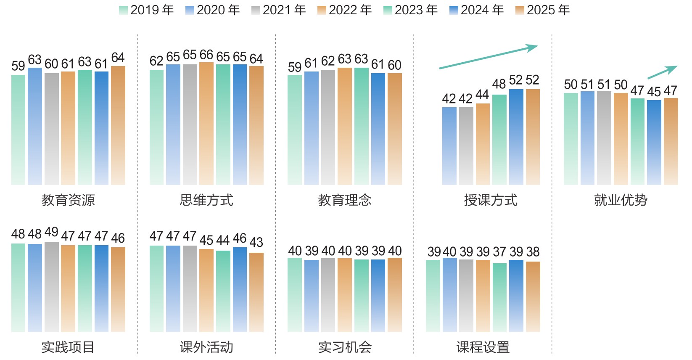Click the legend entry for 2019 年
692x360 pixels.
[x=146, y=10]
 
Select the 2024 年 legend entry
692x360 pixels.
[x=477, y=10]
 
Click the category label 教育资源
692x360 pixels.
[x=68, y=200]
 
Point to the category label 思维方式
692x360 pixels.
[x=206, y=200]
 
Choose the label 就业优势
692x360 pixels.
[x=621, y=200]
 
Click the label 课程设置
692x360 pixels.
[x=483, y=347]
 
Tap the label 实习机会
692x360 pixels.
[x=345, y=347]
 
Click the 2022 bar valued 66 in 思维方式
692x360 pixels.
[x=206, y=124]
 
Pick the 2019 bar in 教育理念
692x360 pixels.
[x=295, y=130]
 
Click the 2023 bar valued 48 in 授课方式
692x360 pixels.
[x=499, y=140]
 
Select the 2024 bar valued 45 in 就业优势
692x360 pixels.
[x=654, y=143]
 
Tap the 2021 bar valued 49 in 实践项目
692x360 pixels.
[x=52, y=287]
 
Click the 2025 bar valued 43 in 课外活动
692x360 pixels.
[x=256, y=292]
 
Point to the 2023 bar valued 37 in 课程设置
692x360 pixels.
[x=499, y=298]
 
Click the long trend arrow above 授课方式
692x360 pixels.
[x=489, y=57]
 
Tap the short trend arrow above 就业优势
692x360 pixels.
[x=663, y=72]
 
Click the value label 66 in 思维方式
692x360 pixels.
[x=206, y=55]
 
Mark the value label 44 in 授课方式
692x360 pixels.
[x=482, y=95]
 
